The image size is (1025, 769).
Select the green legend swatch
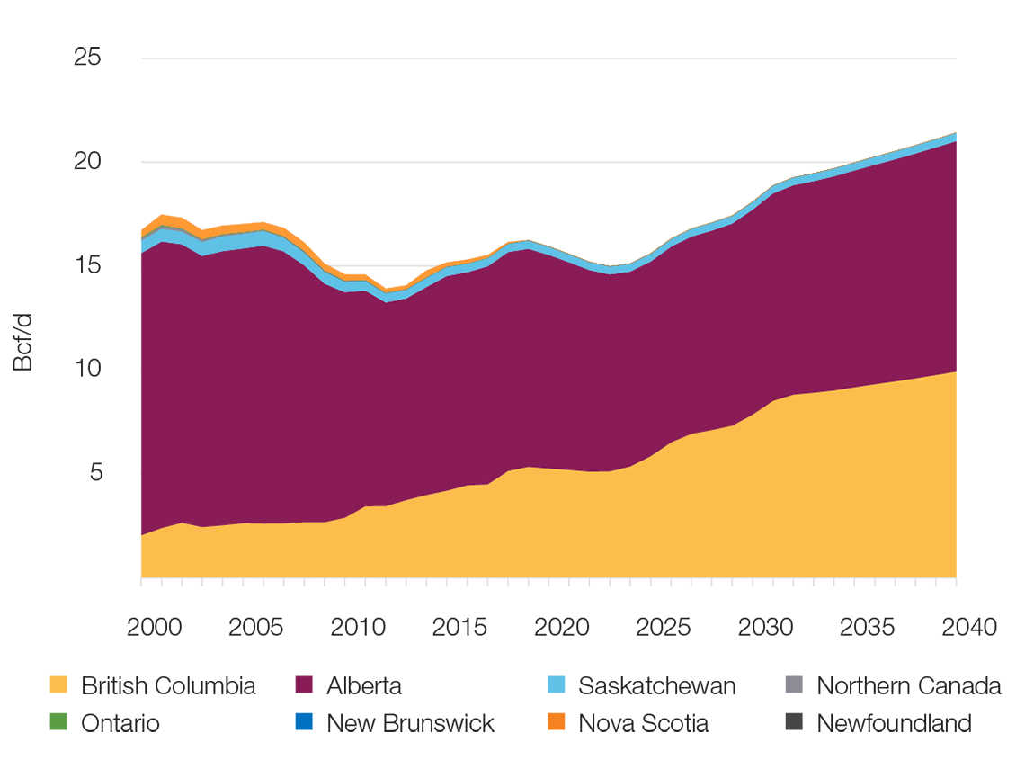click(42, 717)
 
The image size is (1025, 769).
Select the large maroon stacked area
click(539, 360)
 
